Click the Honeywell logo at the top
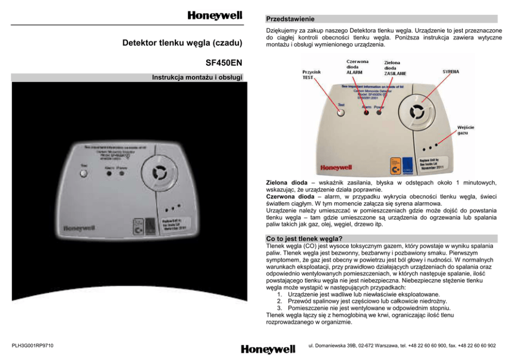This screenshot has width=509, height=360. (x=214, y=15)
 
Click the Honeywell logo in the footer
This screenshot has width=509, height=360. (x=268, y=349)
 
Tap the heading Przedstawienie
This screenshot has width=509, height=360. (x=290, y=19)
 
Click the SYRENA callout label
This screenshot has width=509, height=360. (x=451, y=71)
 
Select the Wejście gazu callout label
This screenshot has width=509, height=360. (x=466, y=130)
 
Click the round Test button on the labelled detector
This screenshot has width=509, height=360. (x=341, y=113)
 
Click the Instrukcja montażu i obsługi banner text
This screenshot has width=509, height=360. (x=194, y=78)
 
